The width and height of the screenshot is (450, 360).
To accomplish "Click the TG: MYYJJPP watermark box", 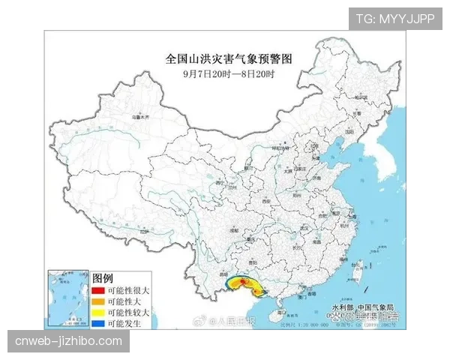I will tap(395, 18).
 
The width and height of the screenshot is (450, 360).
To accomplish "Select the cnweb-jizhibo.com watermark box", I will tap(68, 341).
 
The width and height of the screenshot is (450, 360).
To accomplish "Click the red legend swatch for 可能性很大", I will tap(98, 290).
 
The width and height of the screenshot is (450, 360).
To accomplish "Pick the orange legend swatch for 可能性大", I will tap(98, 301).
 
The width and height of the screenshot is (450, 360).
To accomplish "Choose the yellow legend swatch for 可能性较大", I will tap(98, 311).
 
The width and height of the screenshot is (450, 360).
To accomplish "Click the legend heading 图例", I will tap(102, 278).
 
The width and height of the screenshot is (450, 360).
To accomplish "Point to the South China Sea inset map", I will tap(67, 298).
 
